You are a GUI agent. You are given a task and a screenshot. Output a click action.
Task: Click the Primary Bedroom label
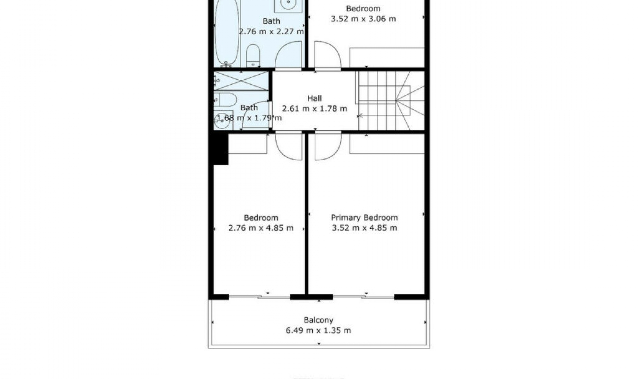[364, 218]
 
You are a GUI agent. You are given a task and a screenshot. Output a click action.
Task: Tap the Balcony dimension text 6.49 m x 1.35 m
[318, 330]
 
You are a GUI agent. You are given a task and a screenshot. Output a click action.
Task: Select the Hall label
[314, 98]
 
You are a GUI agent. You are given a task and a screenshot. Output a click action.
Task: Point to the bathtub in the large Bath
[227, 33]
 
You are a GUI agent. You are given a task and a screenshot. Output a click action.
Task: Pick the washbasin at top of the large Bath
[288, 5]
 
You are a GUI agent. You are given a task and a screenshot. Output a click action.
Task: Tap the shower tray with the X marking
[241, 81]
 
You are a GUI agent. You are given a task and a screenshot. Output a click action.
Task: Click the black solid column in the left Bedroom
[220, 148]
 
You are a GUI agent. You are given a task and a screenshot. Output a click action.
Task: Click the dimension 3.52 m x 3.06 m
[363, 19]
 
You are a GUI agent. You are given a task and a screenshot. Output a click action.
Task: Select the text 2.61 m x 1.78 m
[314, 109]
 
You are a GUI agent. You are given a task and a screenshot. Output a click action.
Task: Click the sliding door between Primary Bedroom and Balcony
[364, 297]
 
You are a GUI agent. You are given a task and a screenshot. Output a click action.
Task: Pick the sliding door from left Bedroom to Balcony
[260, 297]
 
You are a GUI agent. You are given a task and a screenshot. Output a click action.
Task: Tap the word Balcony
[318, 320]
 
